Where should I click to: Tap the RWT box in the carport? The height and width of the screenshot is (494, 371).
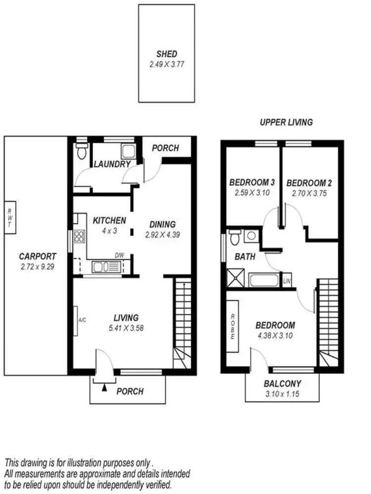tap(9, 218)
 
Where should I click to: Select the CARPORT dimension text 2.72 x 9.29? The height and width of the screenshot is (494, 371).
tap(38, 266)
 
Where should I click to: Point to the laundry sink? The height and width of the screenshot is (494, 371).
tap(129, 151)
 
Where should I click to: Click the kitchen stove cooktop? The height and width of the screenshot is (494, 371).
tap(79, 236)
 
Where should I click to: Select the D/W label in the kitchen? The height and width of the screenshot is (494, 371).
tap(119, 255)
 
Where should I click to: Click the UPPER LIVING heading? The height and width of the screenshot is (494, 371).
tap(286, 122)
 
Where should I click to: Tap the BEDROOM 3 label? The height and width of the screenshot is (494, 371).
tap(252, 183)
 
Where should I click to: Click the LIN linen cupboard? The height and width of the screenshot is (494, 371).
tap(286, 281)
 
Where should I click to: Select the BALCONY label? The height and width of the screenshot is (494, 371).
tap(282, 383)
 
